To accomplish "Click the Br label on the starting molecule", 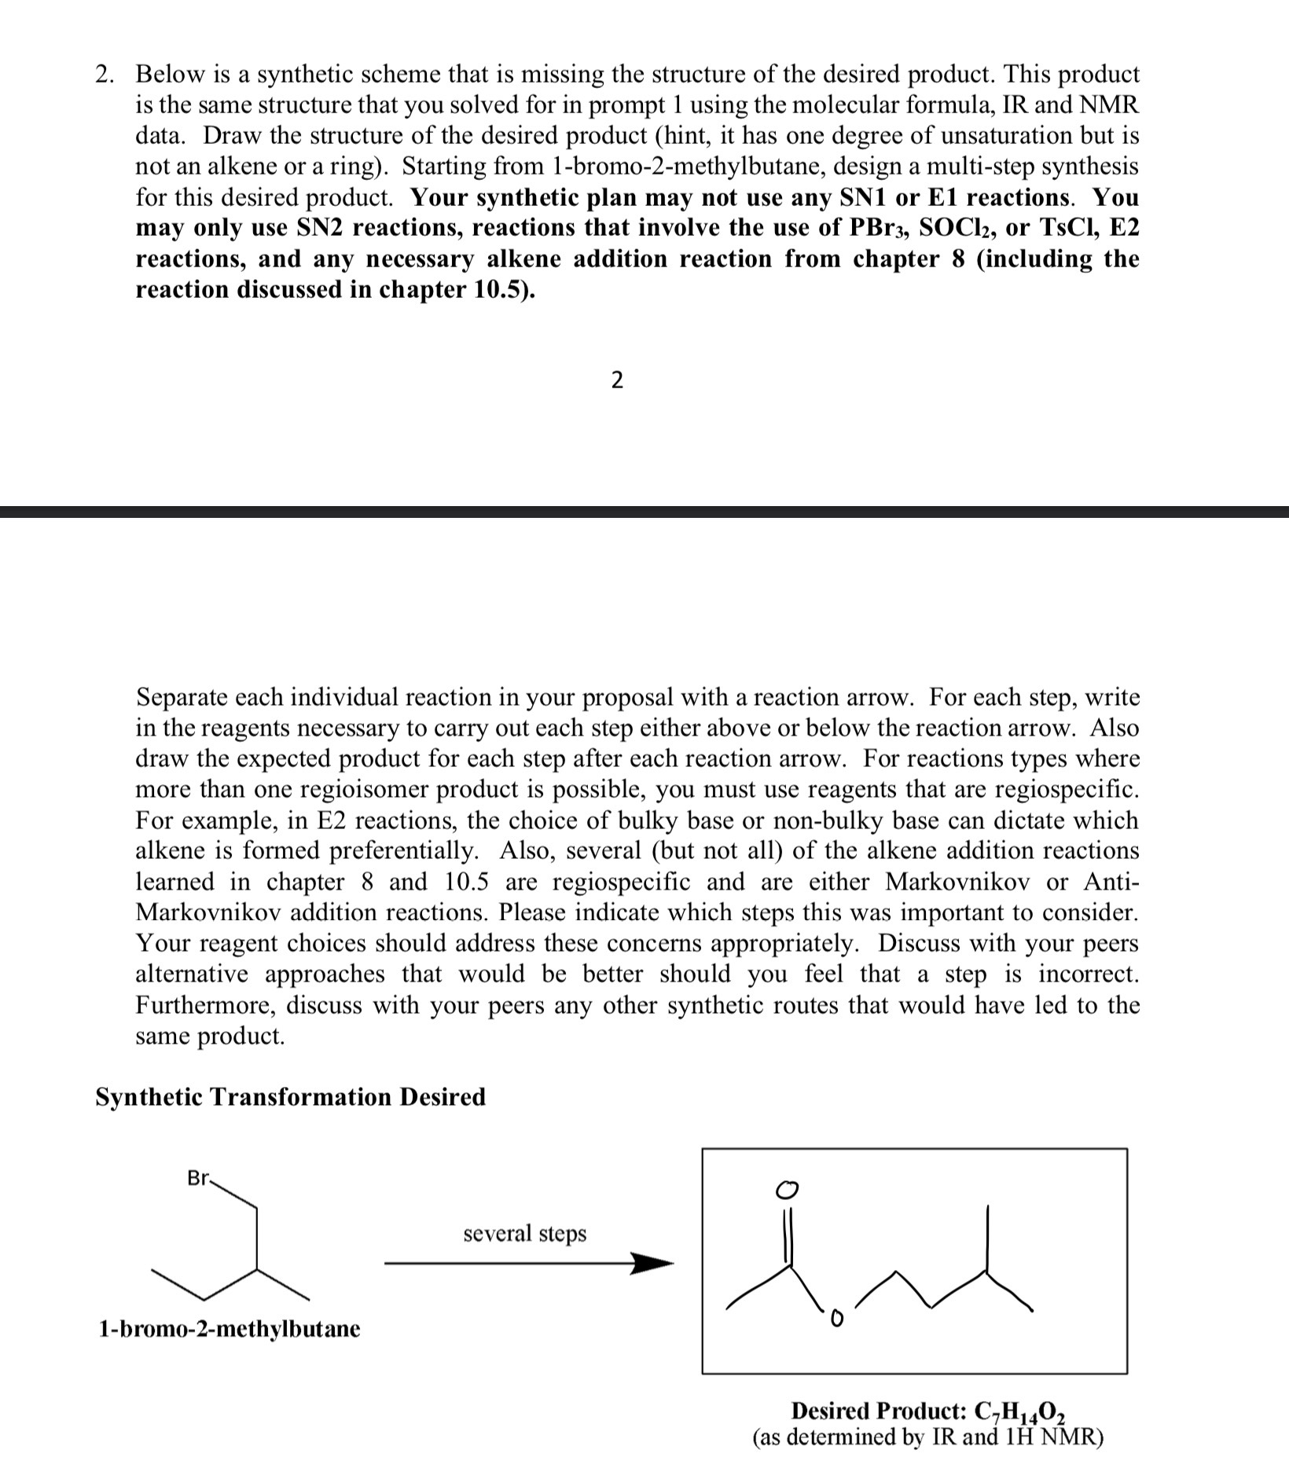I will (198, 1179).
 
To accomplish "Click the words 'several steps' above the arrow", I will (524, 1233).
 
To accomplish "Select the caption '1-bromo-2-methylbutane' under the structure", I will (229, 1329).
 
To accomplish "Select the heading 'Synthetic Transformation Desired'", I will (290, 1096).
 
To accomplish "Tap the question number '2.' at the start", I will (105, 75).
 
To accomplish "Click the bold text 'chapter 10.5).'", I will (457, 289).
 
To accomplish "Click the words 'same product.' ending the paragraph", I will (210, 1036).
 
